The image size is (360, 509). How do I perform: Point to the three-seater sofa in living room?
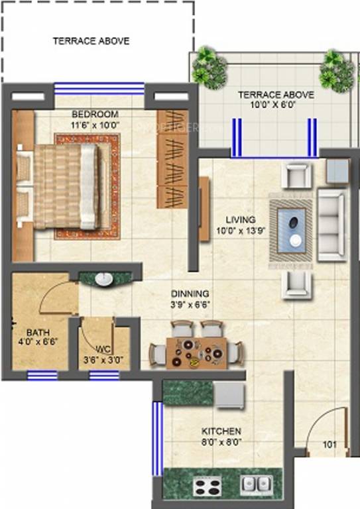(331, 225)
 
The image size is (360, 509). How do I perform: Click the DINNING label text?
(190, 293)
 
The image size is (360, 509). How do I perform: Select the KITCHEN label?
(221, 431)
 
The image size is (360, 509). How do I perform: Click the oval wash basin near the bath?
(104, 279)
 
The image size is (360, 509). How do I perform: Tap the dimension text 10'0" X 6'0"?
(276, 104)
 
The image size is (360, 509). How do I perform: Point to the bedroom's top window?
(99, 87)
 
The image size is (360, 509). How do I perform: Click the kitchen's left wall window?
(157, 437)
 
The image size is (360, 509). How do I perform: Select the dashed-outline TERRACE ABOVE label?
(91, 41)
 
